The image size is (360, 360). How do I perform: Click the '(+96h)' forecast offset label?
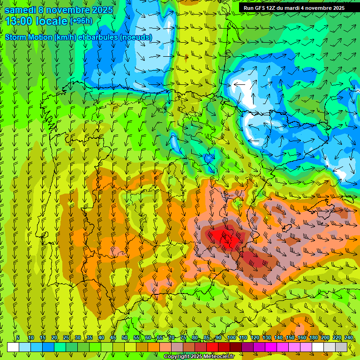pyautogui.click(x=81, y=21)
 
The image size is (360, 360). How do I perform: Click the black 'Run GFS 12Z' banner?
pyautogui.click(x=294, y=8)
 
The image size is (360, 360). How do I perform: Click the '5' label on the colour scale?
pyautogui.click(x=18, y=338)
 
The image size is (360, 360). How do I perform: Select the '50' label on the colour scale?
pyautogui.click(x=125, y=338)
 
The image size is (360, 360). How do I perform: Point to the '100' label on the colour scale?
pyautogui.click(x=231, y=338)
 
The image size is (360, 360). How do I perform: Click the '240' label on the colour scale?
pyautogui.click(x=349, y=338)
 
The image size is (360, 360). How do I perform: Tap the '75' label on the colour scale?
pyautogui.click(x=183, y=338)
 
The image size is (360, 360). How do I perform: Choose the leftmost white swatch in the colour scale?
pyautogui.click(x=13, y=347)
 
